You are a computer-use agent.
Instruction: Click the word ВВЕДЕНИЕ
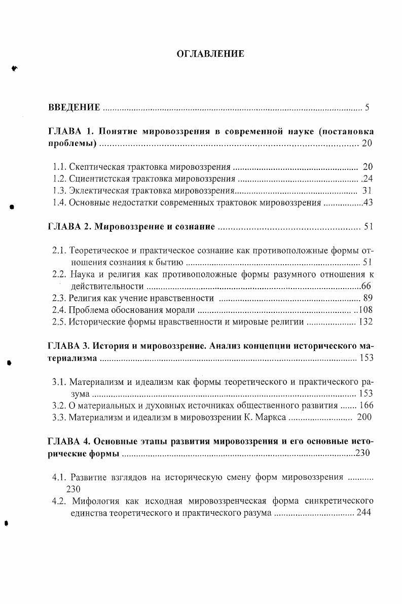pos(74,108)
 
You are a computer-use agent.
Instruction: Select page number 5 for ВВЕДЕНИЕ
pos(367,108)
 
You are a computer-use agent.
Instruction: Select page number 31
pos(368,191)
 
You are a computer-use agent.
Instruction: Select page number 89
pos(368,298)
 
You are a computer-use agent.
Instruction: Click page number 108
pos(366,310)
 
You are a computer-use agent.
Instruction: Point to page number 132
pos(365,322)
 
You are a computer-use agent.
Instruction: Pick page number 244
pos(364,513)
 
